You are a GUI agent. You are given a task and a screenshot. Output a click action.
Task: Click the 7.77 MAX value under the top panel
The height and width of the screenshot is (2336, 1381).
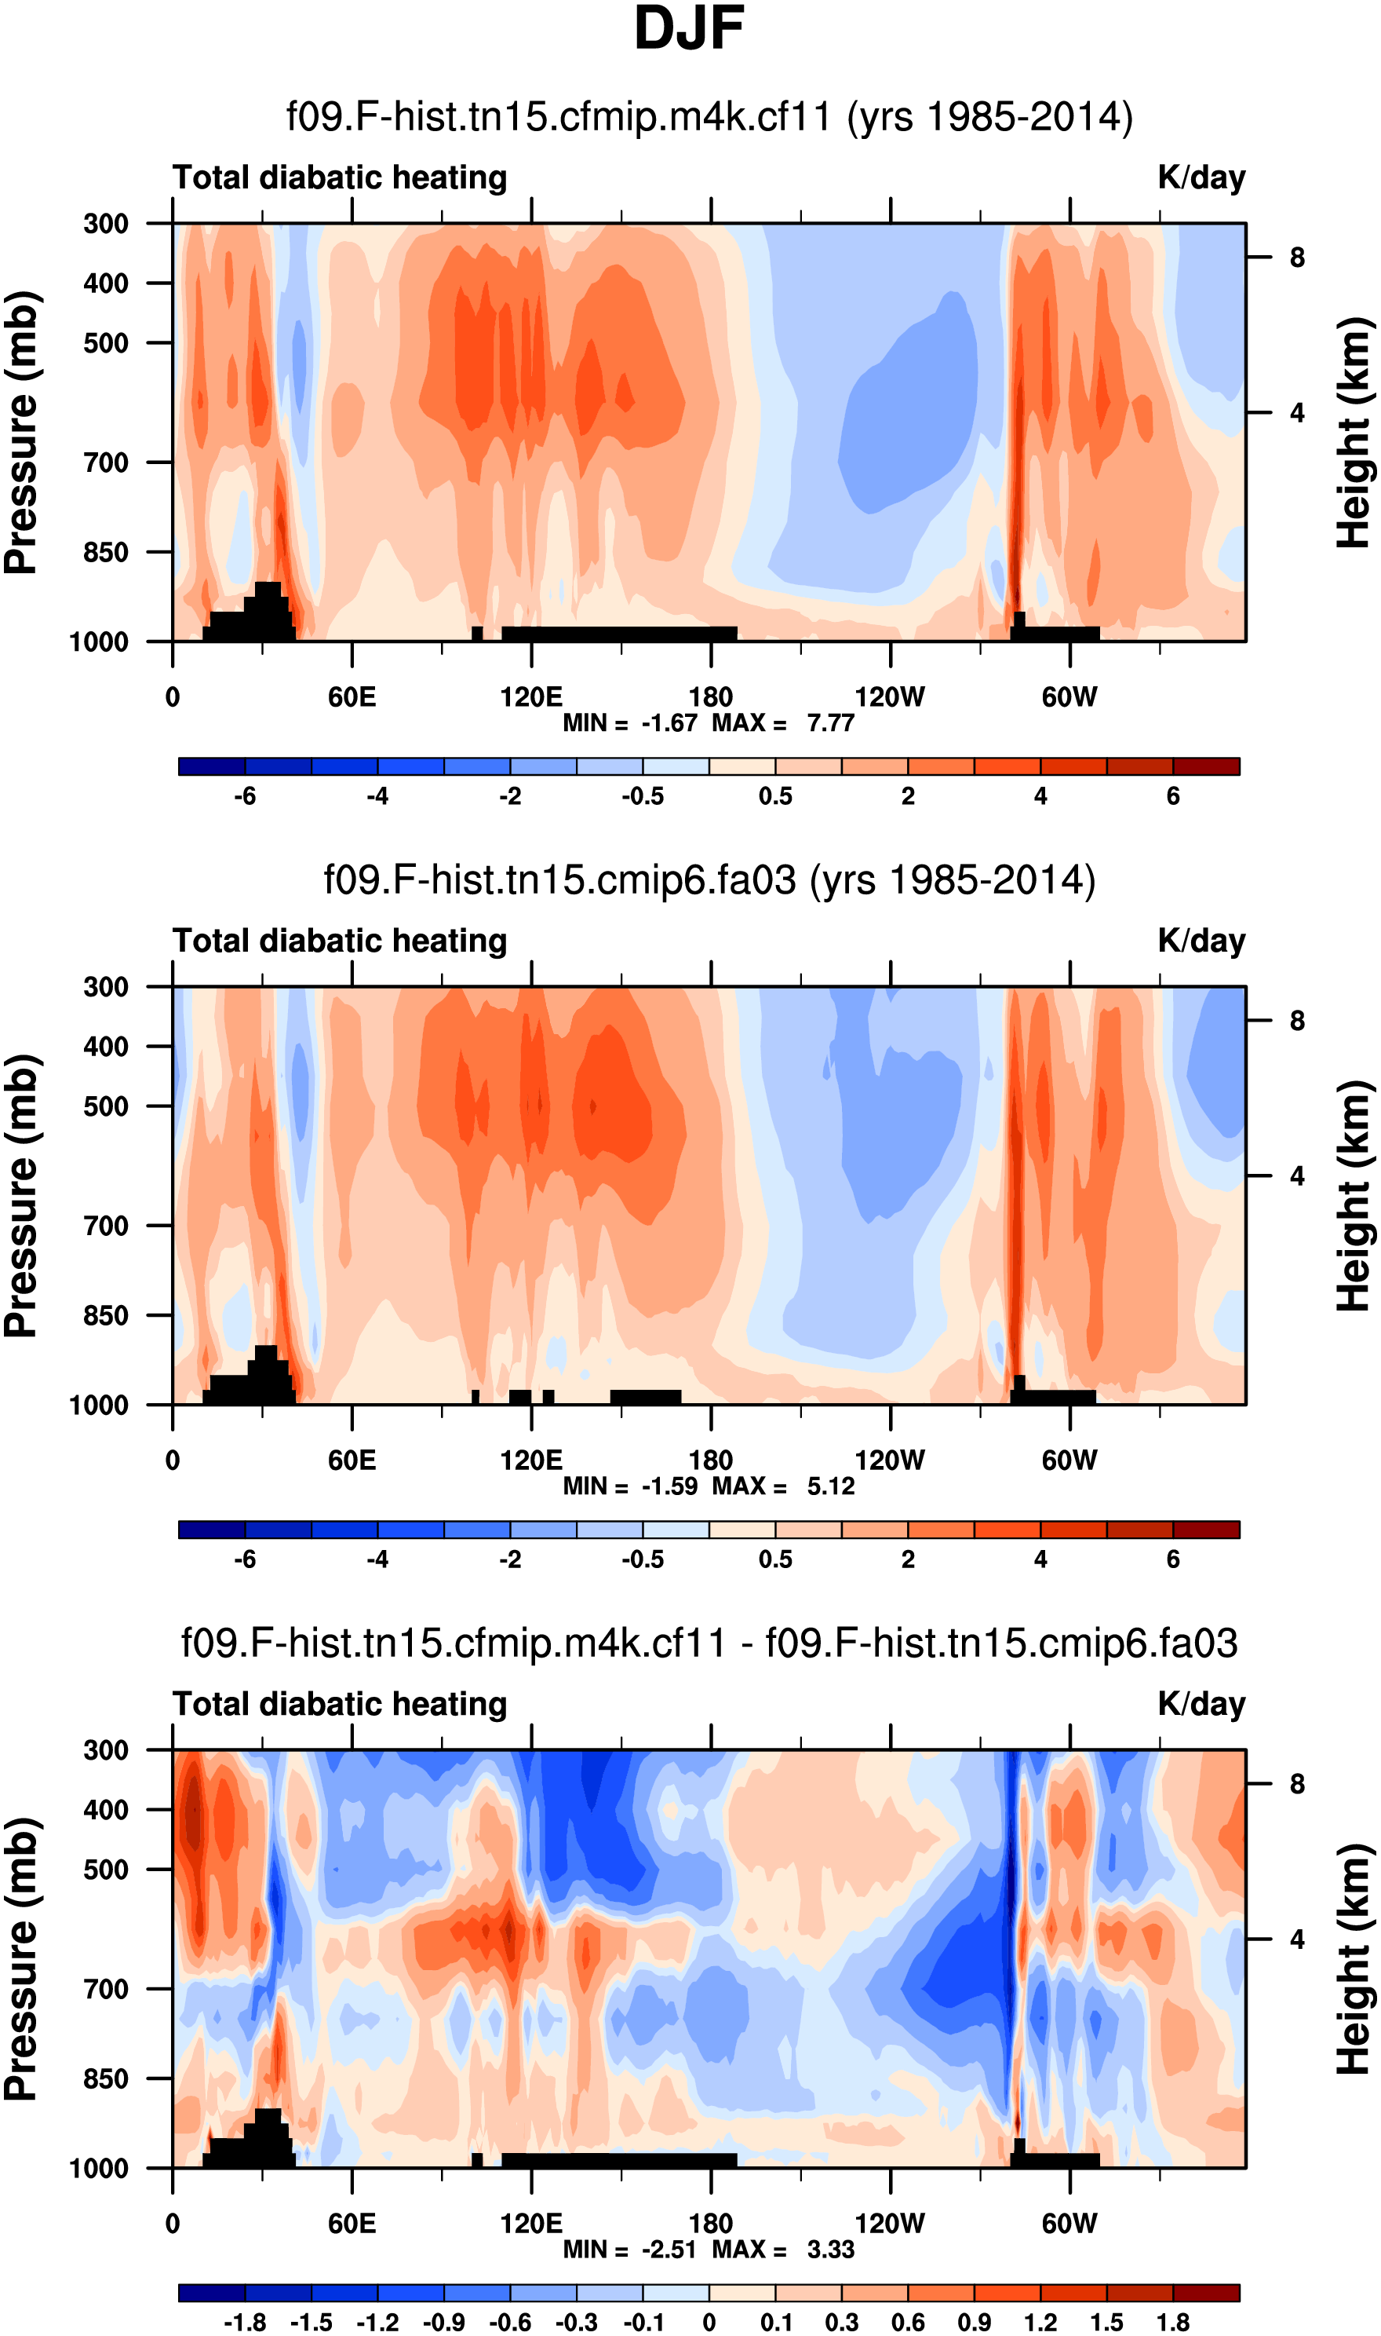(x=830, y=723)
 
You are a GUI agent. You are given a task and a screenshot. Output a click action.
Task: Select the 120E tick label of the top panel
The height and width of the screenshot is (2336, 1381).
(x=531, y=697)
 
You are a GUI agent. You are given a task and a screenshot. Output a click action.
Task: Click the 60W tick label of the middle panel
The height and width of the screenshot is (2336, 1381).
(x=1069, y=1460)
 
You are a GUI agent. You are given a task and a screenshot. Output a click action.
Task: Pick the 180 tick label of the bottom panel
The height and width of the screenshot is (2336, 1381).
(x=711, y=2224)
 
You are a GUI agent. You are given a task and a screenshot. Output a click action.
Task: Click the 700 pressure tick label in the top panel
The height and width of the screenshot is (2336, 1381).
(x=106, y=462)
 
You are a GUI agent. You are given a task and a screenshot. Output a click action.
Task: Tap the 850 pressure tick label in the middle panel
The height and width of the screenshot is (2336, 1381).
(x=106, y=1315)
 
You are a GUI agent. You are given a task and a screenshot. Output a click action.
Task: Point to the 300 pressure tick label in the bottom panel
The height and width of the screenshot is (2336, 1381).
(x=106, y=1750)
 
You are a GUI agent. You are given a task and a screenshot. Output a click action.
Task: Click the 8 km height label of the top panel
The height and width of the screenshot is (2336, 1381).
(x=1296, y=258)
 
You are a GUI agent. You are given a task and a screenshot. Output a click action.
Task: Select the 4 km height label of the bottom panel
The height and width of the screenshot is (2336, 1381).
(x=1296, y=1939)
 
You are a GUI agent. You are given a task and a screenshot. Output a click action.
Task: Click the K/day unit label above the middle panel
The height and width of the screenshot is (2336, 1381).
(x=1201, y=941)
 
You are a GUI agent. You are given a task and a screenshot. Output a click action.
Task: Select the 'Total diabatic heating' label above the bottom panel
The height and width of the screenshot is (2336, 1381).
(x=340, y=1705)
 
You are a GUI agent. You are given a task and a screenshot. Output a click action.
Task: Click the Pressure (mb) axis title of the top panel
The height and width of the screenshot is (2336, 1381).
(x=22, y=433)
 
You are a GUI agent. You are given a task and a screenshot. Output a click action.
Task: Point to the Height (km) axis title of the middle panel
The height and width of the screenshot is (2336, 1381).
(x=1355, y=1197)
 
